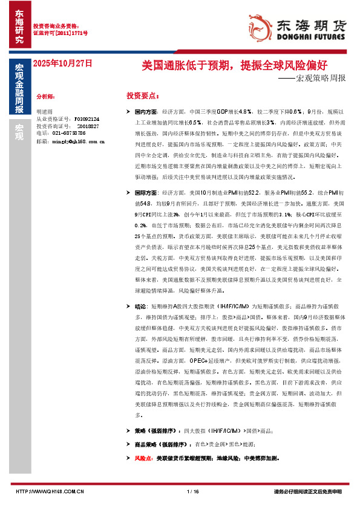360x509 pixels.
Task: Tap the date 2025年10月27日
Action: click(62, 63)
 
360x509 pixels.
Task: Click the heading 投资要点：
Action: click(143, 96)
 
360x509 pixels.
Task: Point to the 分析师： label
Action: click(46, 96)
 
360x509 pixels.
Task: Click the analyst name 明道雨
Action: click(44, 112)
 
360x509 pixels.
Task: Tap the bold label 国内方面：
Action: click(146, 113)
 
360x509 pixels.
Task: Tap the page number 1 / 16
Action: click(193, 491)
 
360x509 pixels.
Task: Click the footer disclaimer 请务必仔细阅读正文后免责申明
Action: click(308, 491)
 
